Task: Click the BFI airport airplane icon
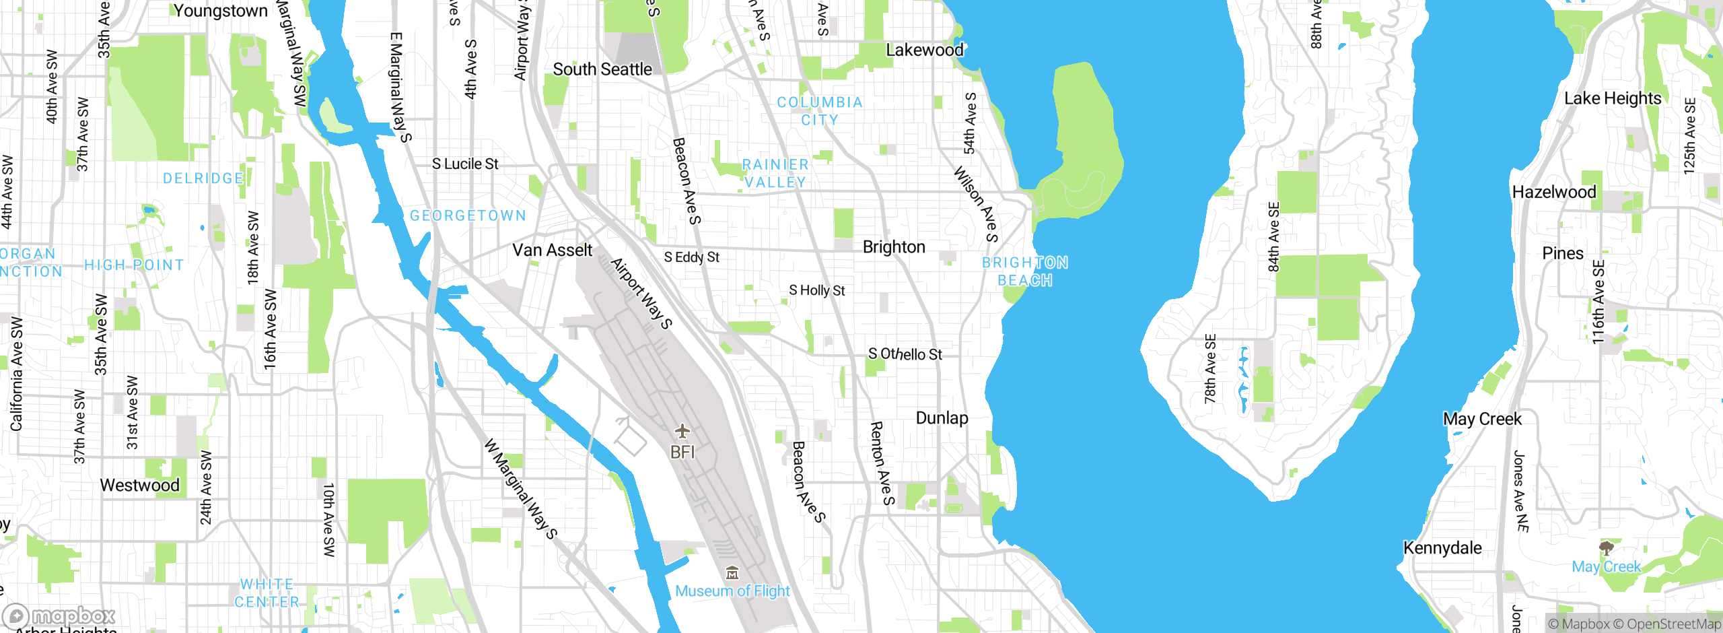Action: pyautogui.click(x=682, y=431)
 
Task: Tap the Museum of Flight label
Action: pyautogui.click(x=732, y=591)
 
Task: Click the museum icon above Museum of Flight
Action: pyautogui.click(x=732, y=574)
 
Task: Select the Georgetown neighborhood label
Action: pyautogui.click(x=468, y=215)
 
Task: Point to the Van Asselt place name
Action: pyautogui.click(x=552, y=251)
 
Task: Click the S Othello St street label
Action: pyautogui.click(x=905, y=354)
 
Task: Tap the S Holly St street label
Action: pyautogui.click(x=816, y=290)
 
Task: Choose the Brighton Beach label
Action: pyautogui.click(x=1024, y=271)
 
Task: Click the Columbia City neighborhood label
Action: pyautogui.click(x=819, y=111)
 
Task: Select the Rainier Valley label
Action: pyautogui.click(x=775, y=174)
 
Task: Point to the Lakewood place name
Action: pyautogui.click(x=924, y=51)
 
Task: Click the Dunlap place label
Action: pyautogui.click(x=942, y=418)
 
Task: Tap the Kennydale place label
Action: pyautogui.click(x=1442, y=548)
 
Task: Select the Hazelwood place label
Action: pyautogui.click(x=1553, y=193)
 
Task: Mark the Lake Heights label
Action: pyautogui.click(x=1612, y=99)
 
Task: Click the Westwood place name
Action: pyautogui.click(x=139, y=486)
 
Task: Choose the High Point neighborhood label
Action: pyautogui.click(x=134, y=265)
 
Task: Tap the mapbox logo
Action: pyautogui.click(x=59, y=616)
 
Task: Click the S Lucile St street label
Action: pyautogui.click(x=464, y=164)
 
